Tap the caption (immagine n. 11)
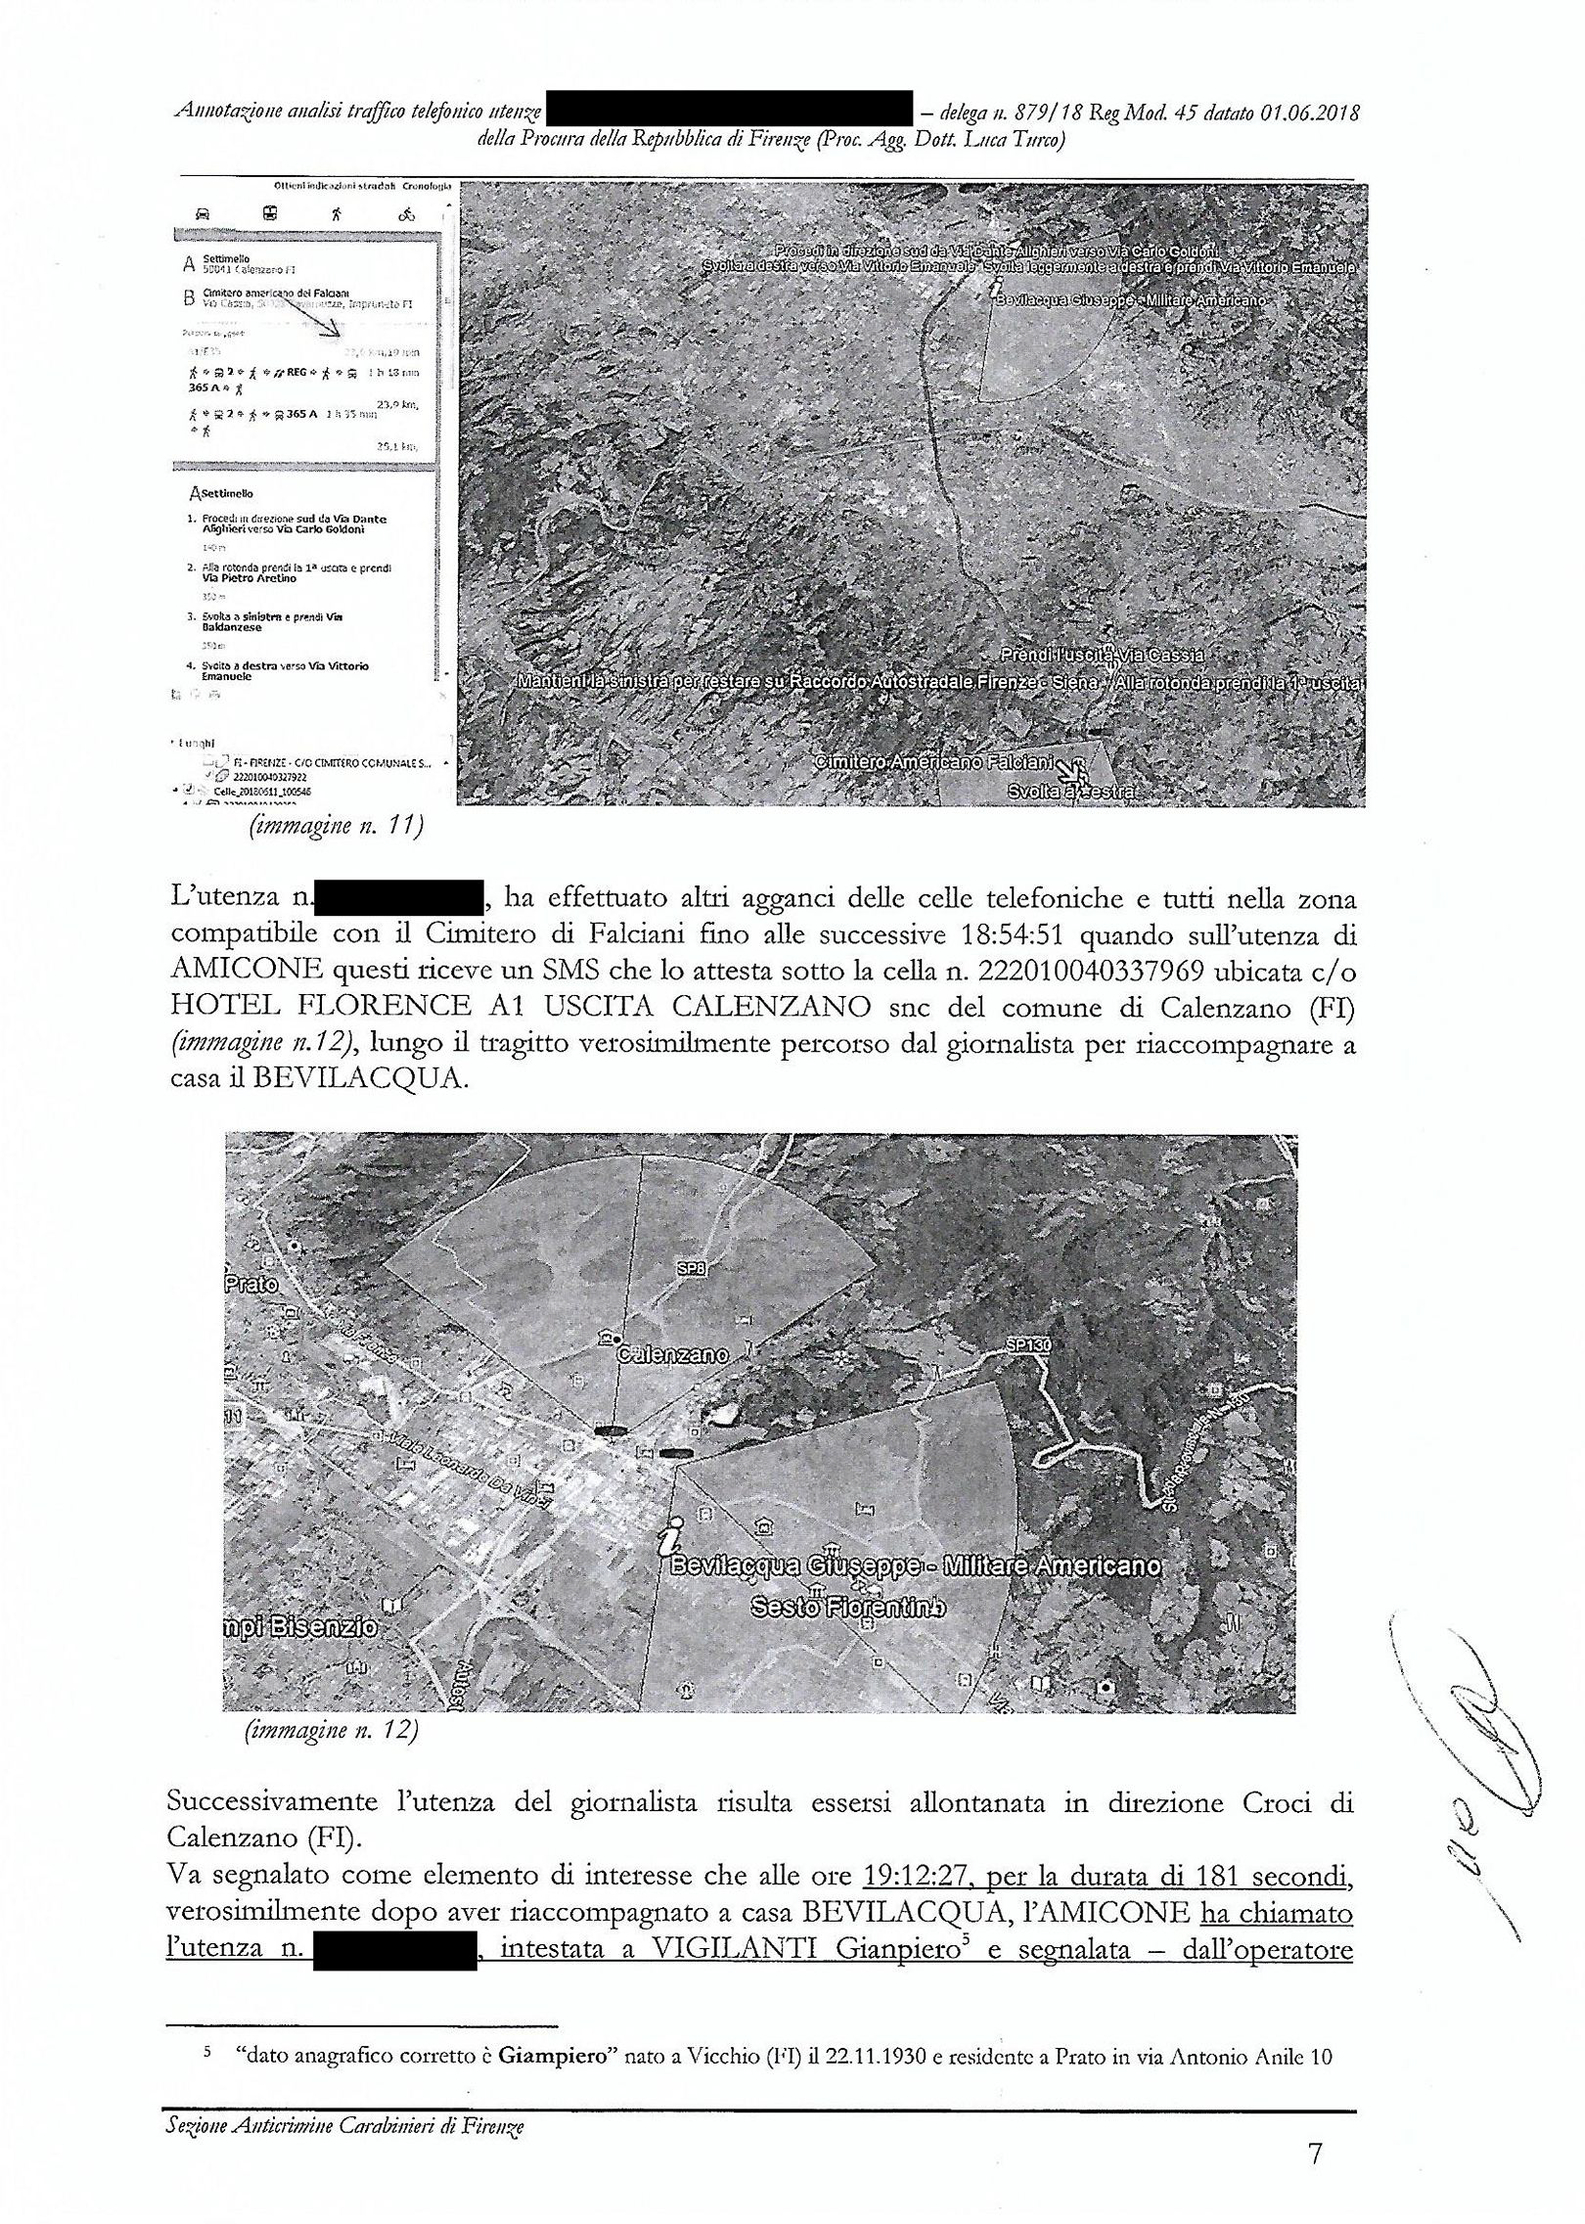click(x=336, y=828)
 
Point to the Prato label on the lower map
click(x=252, y=1282)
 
